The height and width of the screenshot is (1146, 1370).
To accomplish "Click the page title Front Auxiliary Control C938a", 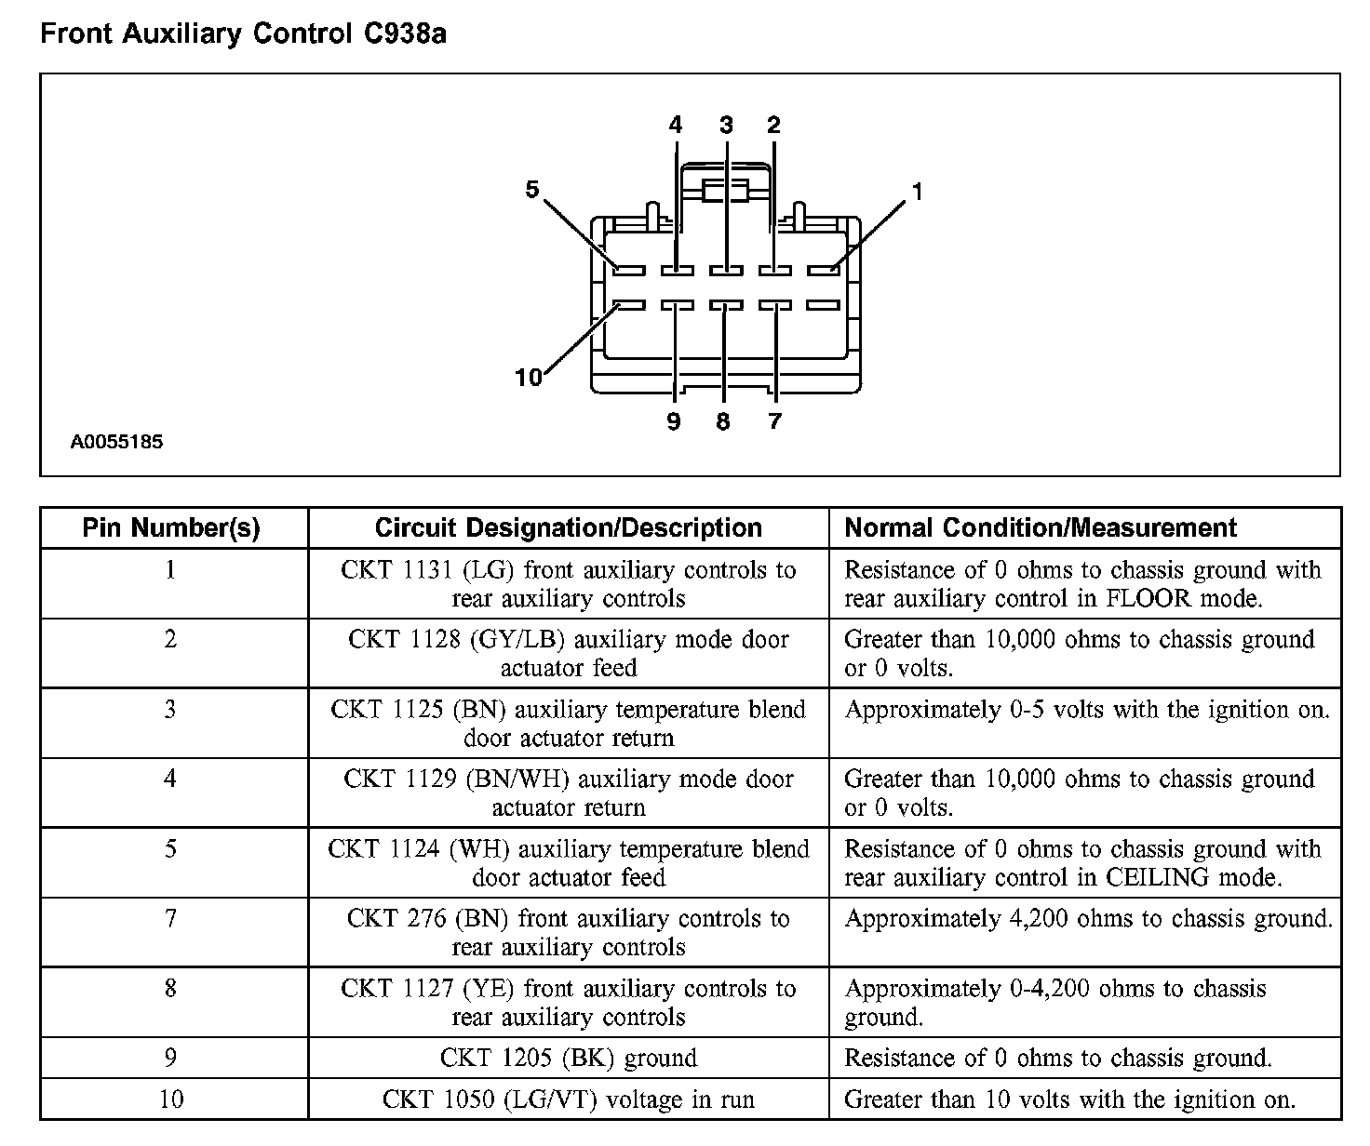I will click(x=243, y=34).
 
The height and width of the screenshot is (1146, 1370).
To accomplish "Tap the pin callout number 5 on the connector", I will click(x=532, y=190).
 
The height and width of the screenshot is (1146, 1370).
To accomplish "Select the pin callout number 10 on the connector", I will click(x=528, y=377).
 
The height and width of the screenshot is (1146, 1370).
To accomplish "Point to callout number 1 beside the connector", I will click(x=918, y=192).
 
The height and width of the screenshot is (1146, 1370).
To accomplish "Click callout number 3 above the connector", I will click(x=726, y=126).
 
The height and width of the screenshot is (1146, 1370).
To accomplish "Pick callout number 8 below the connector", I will click(x=723, y=421).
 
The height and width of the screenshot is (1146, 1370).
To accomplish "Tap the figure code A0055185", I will click(x=116, y=442).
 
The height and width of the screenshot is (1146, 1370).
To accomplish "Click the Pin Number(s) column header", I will click(x=171, y=528).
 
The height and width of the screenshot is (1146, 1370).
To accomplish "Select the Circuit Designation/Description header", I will click(x=568, y=528).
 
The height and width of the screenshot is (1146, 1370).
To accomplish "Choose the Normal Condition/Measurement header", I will click(x=1040, y=528).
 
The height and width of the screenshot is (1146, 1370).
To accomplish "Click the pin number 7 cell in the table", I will click(x=170, y=919).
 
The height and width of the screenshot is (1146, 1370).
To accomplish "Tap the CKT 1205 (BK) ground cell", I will click(x=568, y=1059).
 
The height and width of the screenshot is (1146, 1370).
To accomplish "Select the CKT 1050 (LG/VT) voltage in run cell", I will click(x=568, y=1100).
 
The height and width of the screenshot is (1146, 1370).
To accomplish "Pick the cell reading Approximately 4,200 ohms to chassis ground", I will click(x=1088, y=919).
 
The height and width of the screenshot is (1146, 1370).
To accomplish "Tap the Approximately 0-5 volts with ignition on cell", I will click(x=1086, y=710).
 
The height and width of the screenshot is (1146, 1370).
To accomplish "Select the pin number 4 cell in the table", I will click(x=170, y=780).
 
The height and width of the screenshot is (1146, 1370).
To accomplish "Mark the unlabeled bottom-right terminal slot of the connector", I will click(x=823, y=305).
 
